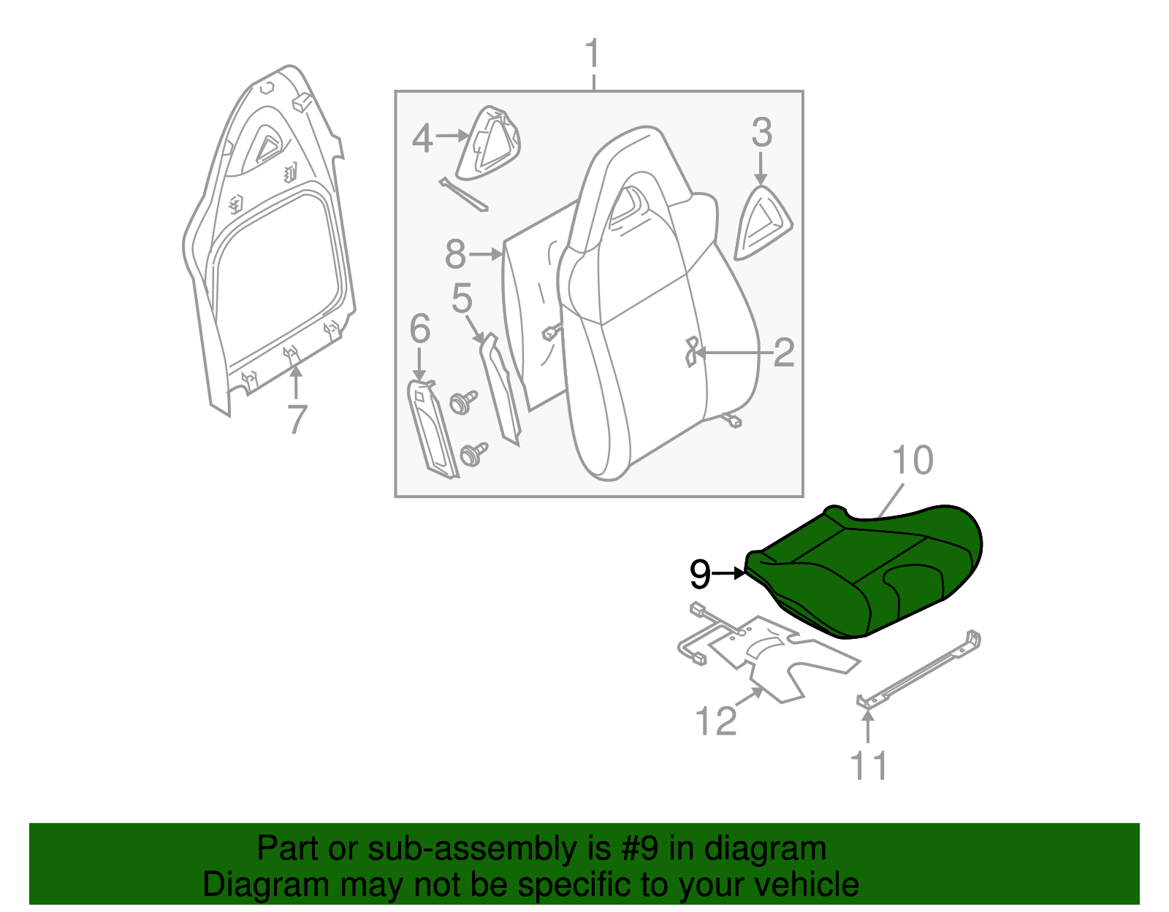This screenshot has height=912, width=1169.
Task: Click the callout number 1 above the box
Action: pyautogui.click(x=593, y=55)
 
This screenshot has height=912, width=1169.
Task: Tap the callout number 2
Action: pyautogui.click(x=783, y=353)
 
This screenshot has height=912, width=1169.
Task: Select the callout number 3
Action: pyautogui.click(x=761, y=133)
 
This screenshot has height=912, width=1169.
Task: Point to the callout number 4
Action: pyautogui.click(x=422, y=138)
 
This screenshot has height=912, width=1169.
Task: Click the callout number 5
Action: pyautogui.click(x=462, y=299)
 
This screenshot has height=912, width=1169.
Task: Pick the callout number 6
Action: pyautogui.click(x=419, y=329)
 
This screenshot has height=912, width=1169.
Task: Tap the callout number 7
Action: pyautogui.click(x=296, y=420)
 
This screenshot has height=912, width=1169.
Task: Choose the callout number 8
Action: pyautogui.click(x=455, y=255)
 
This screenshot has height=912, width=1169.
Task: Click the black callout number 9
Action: pyautogui.click(x=699, y=575)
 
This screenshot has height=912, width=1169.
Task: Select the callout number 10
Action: pyautogui.click(x=913, y=461)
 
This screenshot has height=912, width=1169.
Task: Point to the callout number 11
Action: pyautogui.click(x=869, y=766)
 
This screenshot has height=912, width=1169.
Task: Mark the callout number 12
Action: pyautogui.click(x=716, y=721)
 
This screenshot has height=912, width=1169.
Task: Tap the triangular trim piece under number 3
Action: pyautogui.click(x=763, y=223)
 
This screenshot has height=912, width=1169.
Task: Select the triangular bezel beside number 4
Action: pyautogui.click(x=488, y=145)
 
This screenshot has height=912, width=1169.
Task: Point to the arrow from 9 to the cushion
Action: pyautogui.click(x=728, y=574)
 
